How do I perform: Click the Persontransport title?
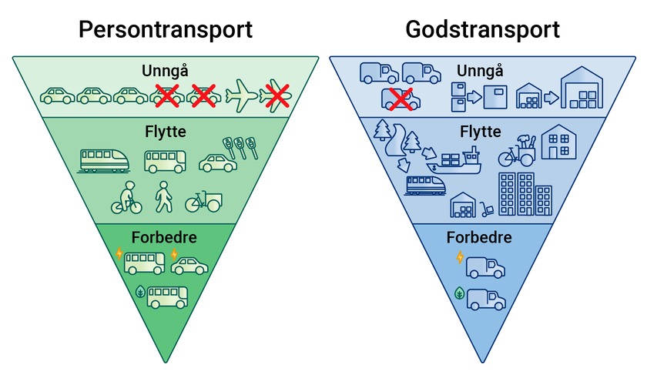click(166, 30)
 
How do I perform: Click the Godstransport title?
click(482, 30)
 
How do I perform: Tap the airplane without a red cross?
click(242, 95)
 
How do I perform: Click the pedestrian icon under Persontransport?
click(164, 197)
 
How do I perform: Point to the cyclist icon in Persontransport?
click(127, 198)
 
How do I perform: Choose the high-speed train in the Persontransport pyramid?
click(104, 160)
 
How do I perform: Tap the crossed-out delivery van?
click(400, 99)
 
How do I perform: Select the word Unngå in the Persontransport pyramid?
click(164, 71)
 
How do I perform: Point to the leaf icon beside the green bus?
click(140, 292)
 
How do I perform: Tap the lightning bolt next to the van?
click(460, 258)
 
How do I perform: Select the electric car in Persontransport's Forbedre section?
click(189, 266)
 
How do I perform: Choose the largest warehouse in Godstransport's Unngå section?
click(582, 89)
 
